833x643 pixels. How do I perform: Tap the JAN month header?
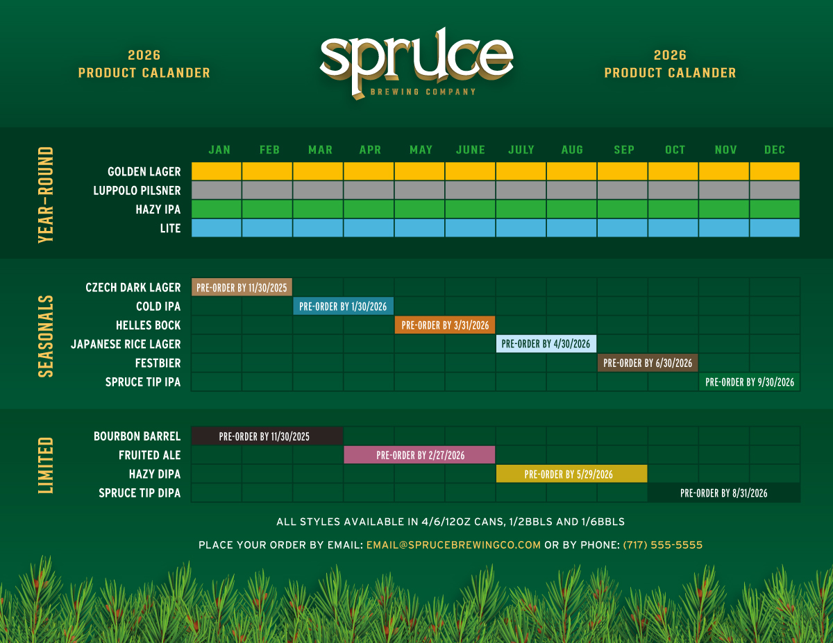[219, 150]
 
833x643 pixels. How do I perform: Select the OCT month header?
[675, 150]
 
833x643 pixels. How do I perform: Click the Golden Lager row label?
[144, 171]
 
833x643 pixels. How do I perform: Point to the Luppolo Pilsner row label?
[137, 190]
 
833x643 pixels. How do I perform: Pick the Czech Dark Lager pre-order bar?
[242, 287]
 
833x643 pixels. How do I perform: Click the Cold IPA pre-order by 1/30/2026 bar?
[344, 306]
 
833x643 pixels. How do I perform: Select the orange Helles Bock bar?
[445, 325]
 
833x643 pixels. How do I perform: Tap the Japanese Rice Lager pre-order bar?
[546, 343]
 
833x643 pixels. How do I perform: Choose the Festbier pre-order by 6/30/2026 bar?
[648, 362]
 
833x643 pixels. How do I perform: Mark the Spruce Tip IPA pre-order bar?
[749, 381]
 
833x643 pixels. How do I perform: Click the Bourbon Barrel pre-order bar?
[267, 436]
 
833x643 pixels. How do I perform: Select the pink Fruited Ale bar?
[419, 455]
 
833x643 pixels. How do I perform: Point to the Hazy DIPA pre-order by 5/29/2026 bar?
[571, 474]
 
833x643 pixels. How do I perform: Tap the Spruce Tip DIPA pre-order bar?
[724, 493]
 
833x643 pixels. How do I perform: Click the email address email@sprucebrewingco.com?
[453, 545]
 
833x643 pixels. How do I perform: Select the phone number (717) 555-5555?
[663, 545]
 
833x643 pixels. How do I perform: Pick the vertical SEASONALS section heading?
[46, 336]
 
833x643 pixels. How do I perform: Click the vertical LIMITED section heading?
[46, 465]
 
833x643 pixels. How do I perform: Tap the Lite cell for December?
[775, 228]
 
